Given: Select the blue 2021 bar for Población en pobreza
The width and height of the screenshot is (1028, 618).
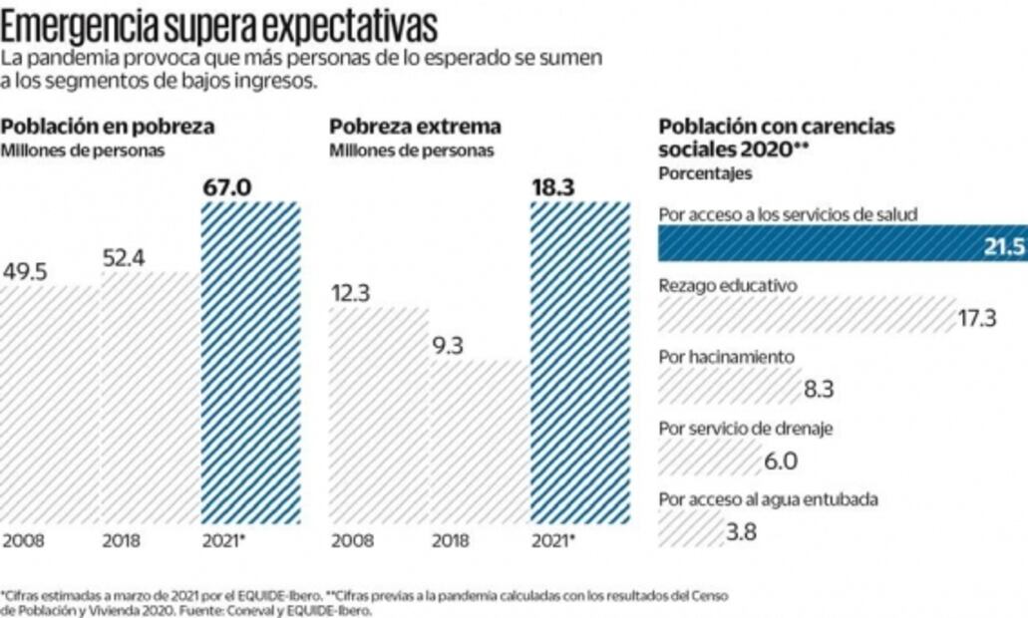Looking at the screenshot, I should [250, 361].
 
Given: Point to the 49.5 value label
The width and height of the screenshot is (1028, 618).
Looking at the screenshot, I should [27, 273].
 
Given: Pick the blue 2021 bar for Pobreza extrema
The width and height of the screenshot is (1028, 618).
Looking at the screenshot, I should [580, 361].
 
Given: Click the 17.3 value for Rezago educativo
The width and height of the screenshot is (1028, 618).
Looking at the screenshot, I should [976, 318].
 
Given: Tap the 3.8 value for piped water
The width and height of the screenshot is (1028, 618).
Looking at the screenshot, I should [741, 532].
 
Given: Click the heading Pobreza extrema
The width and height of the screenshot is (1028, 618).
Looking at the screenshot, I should [416, 128].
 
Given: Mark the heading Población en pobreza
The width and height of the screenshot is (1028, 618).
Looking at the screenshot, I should [108, 128].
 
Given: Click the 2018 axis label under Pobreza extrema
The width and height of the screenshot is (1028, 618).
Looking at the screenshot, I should [451, 541].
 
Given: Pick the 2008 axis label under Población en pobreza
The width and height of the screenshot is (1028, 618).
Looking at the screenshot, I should [23, 541].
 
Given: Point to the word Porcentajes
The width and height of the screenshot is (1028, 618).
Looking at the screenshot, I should [705, 173].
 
